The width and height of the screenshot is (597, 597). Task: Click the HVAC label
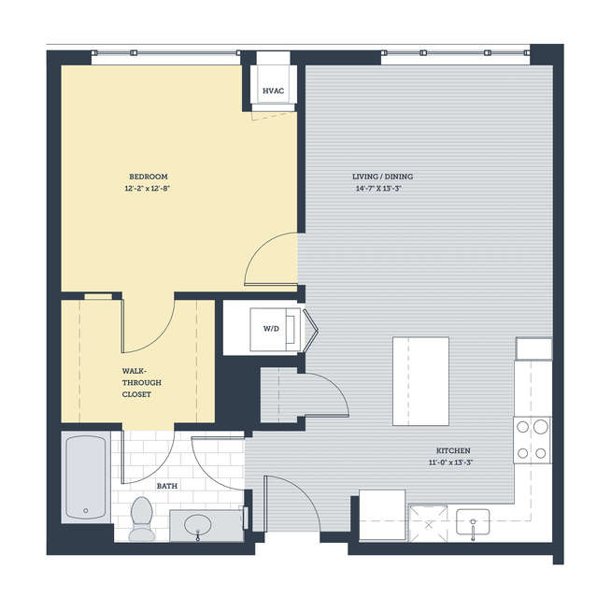pos(273,91)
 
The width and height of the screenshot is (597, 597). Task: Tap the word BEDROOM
pos(149,177)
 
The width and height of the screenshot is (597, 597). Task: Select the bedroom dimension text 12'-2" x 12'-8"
pos(147,189)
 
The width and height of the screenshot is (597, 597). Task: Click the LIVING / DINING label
pos(382,177)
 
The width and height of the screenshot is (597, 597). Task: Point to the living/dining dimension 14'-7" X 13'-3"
pos(378,189)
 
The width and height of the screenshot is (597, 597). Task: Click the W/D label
pos(271,329)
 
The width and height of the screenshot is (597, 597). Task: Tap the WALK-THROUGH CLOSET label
pos(142,383)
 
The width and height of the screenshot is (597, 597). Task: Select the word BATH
pos(167,486)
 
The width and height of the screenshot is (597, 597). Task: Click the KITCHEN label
pos(453,451)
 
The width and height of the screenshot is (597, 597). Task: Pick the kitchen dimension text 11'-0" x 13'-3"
pos(451,462)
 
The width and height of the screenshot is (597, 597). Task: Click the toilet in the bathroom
pos(142,519)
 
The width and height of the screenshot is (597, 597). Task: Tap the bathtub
pos(86,477)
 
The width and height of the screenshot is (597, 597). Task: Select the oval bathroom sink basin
pos(198,525)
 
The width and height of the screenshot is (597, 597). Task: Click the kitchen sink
pos(473,522)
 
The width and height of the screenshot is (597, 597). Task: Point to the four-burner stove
pos(532,440)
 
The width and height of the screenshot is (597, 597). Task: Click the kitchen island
pos(420,381)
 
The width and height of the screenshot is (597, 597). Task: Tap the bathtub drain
pos(86,510)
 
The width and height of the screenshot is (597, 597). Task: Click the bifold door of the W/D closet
pos(311,329)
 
